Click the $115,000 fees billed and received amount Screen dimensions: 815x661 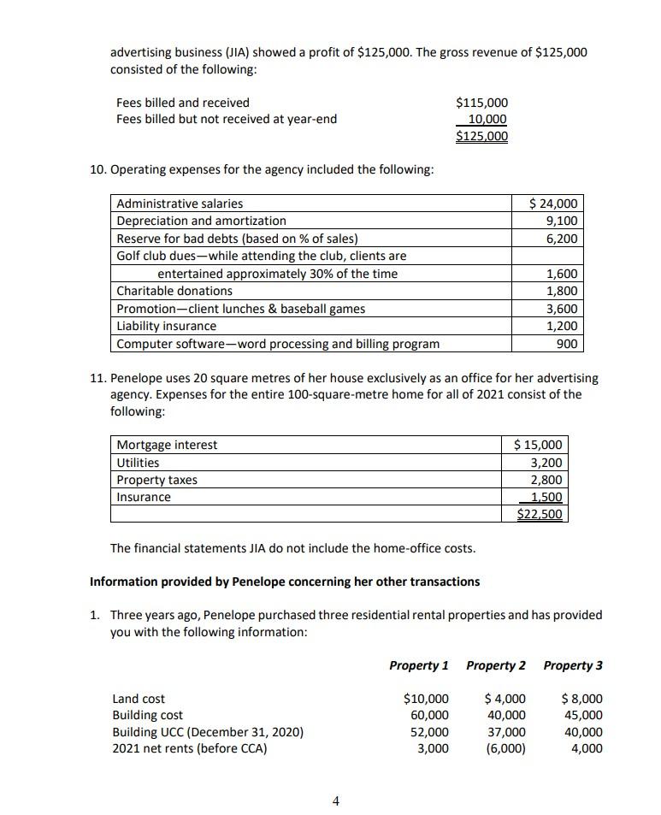pos(481,103)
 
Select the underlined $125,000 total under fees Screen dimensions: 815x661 pos(481,136)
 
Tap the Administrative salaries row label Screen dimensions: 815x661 pos(180,204)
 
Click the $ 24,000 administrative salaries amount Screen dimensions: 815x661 pos(553,204)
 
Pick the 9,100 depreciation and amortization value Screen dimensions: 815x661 pos(561,221)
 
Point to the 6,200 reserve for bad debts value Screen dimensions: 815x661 pos(561,239)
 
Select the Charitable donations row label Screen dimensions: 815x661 pos(174,291)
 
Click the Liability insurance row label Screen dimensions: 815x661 pos(167,326)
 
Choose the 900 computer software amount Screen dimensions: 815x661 pos(567,344)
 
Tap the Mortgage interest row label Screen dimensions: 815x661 pos(167,445)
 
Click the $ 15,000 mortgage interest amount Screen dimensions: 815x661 pos(538,445)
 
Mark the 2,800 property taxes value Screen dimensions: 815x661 pos(546,480)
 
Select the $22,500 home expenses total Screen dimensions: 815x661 pos(540,514)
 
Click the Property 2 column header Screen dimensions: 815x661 pos(496,665)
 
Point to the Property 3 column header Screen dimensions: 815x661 pos(573,665)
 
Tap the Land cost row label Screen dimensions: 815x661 pos(139,699)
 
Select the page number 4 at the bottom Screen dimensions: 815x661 pos(335,801)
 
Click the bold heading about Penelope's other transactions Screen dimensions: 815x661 pos(285,582)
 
